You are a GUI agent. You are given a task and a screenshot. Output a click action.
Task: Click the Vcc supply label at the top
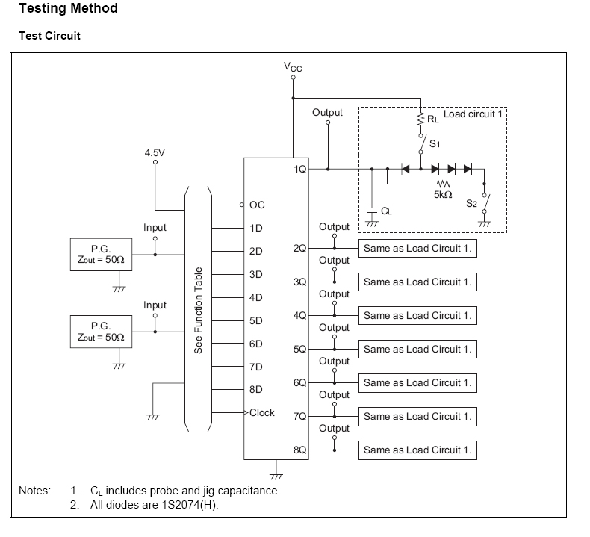pos(293,66)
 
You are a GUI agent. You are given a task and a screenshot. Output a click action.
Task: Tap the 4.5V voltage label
pos(155,152)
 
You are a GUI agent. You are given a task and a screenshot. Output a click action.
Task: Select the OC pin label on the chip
pos(257,205)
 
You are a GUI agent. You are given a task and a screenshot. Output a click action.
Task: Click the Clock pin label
pos(262,412)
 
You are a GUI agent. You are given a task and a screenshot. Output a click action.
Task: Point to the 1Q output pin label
pos(300,170)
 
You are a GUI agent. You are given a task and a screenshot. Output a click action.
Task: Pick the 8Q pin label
pos(300,450)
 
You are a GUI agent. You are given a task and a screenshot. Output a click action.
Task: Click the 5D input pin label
pos(256,320)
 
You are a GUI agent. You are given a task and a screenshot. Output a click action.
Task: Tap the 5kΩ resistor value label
pos(443,194)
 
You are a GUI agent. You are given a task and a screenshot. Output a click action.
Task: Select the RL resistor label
pos(432,119)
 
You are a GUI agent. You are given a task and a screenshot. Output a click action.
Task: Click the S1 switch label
pos(435,143)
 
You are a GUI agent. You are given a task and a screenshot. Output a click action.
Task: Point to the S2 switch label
pos(471,202)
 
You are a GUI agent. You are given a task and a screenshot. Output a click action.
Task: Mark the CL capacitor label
pos(386,211)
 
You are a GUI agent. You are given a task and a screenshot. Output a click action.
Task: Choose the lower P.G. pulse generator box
pos(101,332)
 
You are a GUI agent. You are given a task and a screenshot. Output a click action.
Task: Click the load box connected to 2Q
pos(417,248)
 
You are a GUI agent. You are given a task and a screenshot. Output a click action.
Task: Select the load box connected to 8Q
pos(417,450)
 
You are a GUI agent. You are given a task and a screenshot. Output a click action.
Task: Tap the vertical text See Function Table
pos(199,310)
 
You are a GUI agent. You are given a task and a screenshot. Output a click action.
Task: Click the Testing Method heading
pos(68,9)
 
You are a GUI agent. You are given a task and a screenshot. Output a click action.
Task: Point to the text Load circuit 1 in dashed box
pos(473,114)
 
